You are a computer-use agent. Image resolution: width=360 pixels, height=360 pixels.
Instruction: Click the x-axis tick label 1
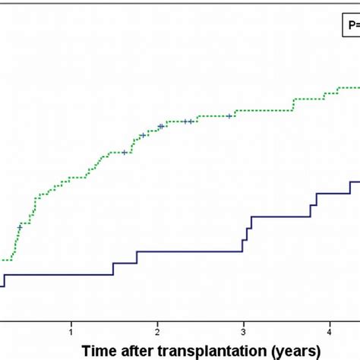point(71,331)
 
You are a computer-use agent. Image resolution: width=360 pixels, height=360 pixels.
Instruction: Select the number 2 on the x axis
point(157,331)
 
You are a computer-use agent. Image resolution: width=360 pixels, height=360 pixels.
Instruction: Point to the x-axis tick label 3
point(243,331)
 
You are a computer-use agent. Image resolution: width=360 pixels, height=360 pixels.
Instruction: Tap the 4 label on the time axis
point(329,331)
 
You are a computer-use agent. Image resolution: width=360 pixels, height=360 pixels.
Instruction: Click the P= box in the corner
point(349,25)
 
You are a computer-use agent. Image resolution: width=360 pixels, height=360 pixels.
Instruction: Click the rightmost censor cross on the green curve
point(229,116)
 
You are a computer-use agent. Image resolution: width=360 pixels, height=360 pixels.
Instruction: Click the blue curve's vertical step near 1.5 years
point(113,268)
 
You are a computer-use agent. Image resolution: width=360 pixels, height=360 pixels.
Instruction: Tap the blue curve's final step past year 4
point(349,187)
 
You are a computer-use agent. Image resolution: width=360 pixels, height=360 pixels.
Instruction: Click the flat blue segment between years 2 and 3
point(190,251)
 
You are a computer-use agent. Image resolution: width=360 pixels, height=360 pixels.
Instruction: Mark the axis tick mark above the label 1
point(71,321)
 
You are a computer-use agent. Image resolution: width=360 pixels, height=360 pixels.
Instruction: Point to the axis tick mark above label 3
point(243,321)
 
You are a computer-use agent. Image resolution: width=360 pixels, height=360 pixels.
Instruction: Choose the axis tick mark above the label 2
point(157,321)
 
